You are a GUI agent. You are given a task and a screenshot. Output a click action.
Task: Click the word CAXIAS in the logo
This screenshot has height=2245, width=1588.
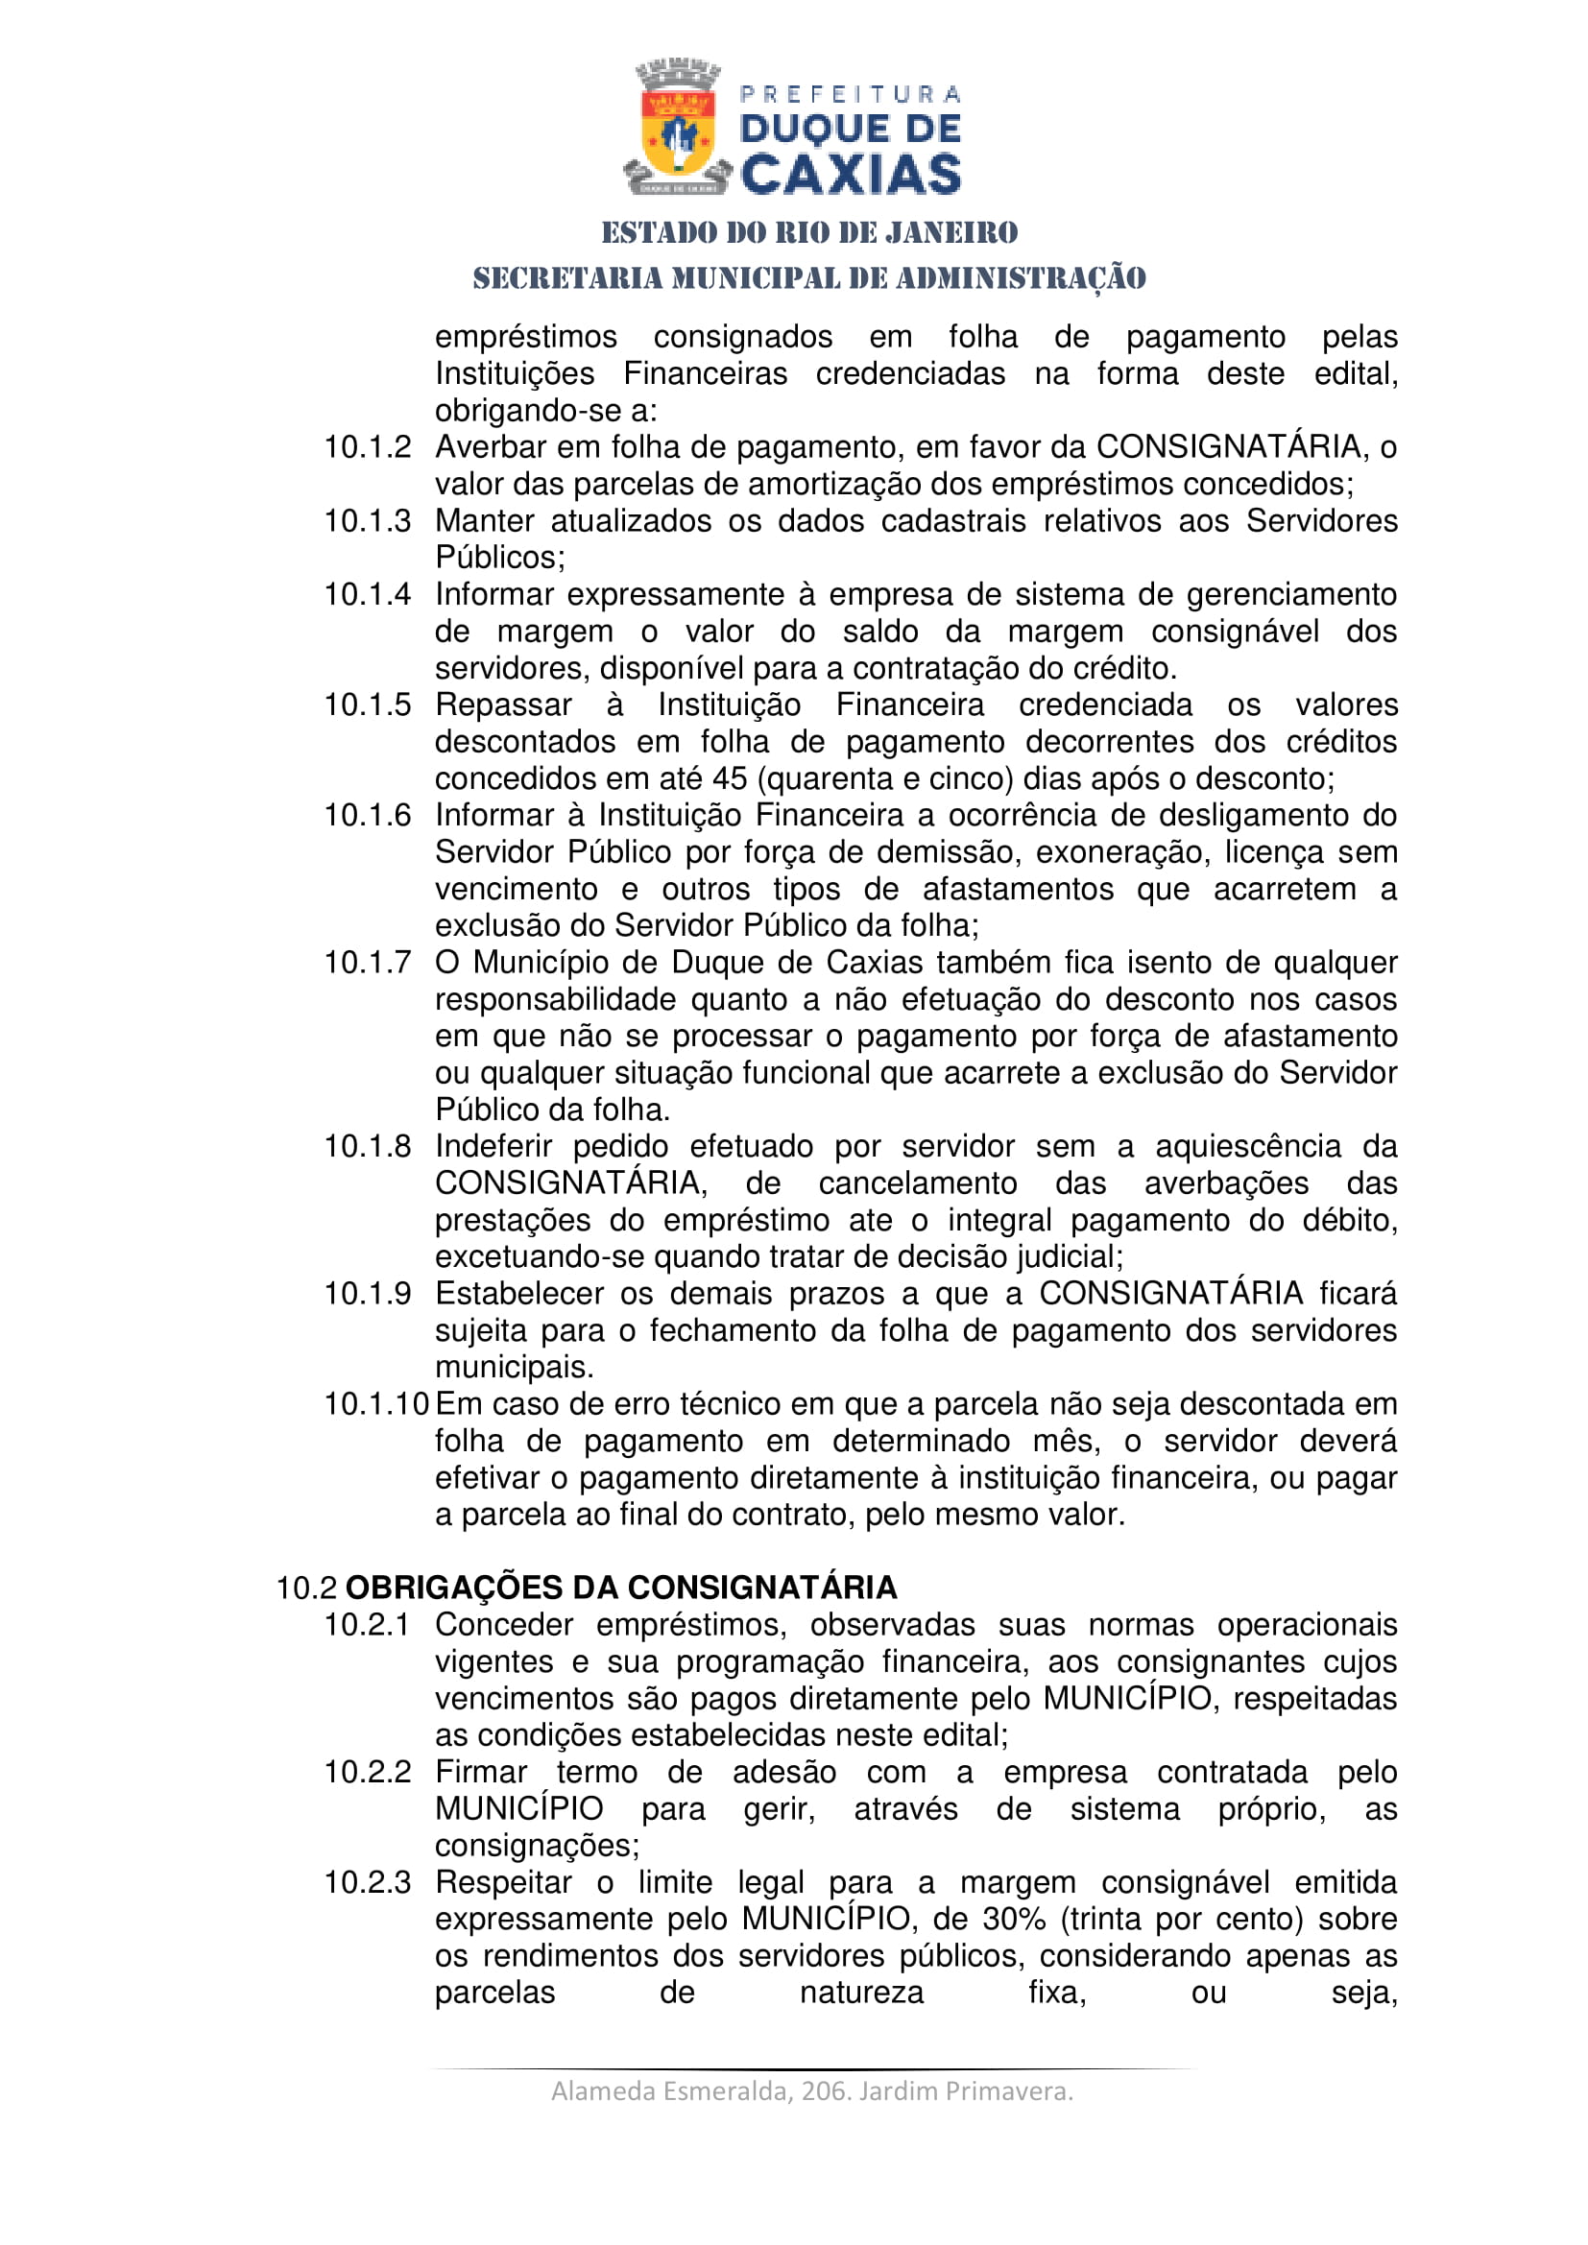click(x=851, y=174)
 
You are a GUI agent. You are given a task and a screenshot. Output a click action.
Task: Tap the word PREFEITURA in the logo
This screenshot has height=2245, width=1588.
click(x=851, y=94)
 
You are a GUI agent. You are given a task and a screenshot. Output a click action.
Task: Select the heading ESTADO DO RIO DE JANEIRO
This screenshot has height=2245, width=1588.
click(x=809, y=232)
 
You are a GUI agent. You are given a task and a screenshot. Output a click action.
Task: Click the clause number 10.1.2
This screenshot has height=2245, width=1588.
click(x=368, y=448)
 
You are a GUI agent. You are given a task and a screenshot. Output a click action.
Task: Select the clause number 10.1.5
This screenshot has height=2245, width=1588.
click(x=368, y=705)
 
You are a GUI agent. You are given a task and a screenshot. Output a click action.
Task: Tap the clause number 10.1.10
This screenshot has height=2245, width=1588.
click(x=376, y=1404)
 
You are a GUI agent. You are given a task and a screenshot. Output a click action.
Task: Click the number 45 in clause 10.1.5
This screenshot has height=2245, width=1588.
click(x=730, y=779)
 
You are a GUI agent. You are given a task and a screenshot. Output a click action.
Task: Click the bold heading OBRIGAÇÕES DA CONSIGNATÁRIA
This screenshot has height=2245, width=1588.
click(x=621, y=1587)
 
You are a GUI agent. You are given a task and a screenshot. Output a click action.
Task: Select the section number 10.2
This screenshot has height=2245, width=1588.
click(x=306, y=1588)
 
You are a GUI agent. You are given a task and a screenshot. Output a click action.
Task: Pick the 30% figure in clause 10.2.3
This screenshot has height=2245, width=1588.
click(x=1014, y=1919)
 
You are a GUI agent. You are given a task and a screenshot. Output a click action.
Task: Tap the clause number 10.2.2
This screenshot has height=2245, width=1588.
click(x=368, y=1772)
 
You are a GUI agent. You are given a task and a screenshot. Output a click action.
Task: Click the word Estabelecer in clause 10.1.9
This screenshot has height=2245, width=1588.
click(x=519, y=1294)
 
